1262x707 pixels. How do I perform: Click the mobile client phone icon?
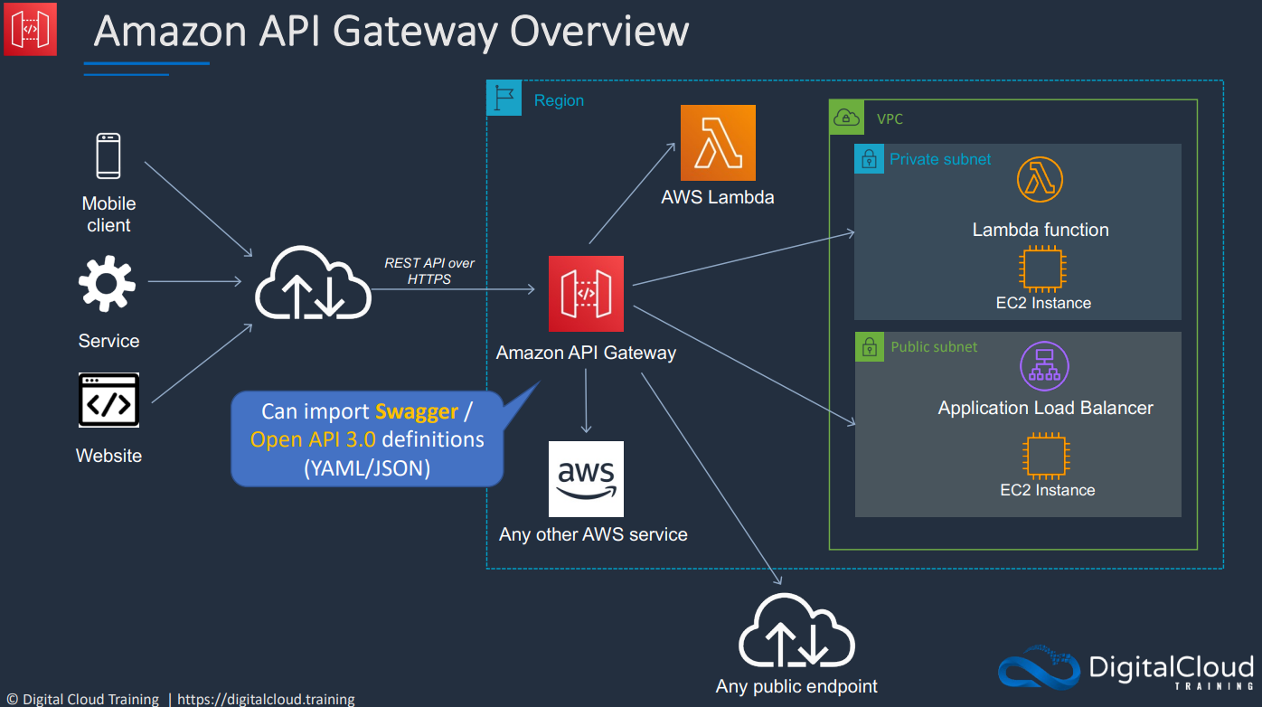point(108,156)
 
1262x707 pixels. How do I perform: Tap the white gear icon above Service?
point(107,283)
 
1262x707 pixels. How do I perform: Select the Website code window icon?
point(108,400)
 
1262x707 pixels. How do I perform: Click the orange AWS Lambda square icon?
point(718,143)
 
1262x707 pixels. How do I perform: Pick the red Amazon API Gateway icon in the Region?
point(586,294)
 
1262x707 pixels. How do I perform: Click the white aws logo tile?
point(586,479)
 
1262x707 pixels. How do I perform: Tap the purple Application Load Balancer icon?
point(1044,366)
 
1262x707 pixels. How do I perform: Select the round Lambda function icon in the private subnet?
point(1040,179)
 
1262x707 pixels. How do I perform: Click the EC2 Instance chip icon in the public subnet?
point(1046,456)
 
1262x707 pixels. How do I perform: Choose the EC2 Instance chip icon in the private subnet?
point(1042,269)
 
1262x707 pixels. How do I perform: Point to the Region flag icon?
point(504,98)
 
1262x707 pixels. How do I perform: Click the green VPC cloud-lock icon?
point(846,118)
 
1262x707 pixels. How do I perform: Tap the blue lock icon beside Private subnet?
point(869,159)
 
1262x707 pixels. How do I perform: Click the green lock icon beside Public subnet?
point(870,346)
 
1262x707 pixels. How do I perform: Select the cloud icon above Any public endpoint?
point(796,631)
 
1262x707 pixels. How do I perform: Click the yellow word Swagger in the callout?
point(417,411)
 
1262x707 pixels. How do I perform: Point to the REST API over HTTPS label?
point(429,271)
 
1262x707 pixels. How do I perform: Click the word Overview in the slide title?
point(598,31)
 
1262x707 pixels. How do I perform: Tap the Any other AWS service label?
point(593,534)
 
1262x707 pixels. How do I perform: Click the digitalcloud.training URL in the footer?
point(266,699)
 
